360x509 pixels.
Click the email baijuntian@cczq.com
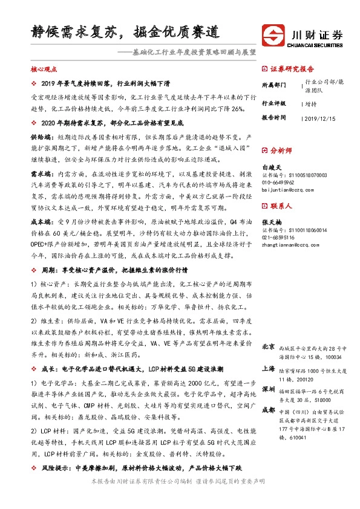click(x=287, y=190)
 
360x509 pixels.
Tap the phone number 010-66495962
click(x=282, y=182)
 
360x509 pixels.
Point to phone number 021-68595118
click(x=282, y=238)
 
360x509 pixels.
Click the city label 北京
click(x=269, y=348)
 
